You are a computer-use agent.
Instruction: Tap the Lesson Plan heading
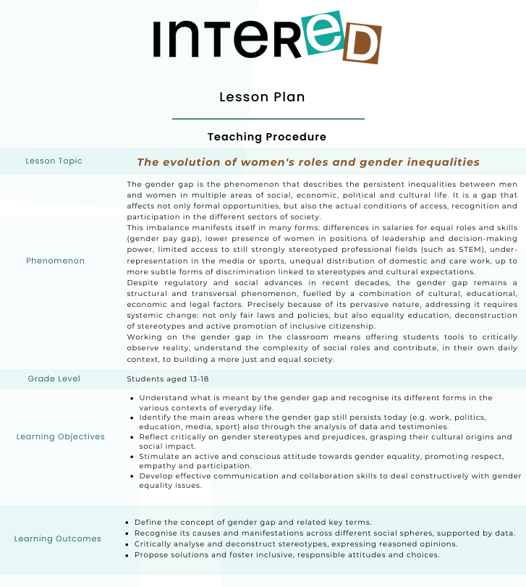click(x=262, y=97)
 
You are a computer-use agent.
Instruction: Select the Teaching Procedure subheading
click(x=267, y=137)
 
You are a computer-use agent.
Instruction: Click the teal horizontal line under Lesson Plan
click(x=268, y=118)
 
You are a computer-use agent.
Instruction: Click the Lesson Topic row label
click(x=54, y=161)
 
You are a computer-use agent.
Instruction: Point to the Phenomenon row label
click(x=55, y=261)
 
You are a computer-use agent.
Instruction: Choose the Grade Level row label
click(x=54, y=379)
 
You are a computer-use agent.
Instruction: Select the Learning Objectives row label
click(x=60, y=437)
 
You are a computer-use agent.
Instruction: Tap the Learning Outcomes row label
click(x=57, y=539)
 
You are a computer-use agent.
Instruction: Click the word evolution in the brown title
click(x=195, y=162)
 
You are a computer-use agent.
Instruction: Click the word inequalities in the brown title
click(x=441, y=162)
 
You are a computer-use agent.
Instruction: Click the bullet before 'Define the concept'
click(x=127, y=523)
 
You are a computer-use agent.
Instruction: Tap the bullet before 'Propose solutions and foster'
click(x=127, y=555)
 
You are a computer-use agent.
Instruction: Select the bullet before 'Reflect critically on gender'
click(x=132, y=438)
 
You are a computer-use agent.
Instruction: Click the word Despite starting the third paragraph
click(x=143, y=282)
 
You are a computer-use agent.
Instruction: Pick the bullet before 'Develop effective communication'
click(x=132, y=476)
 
